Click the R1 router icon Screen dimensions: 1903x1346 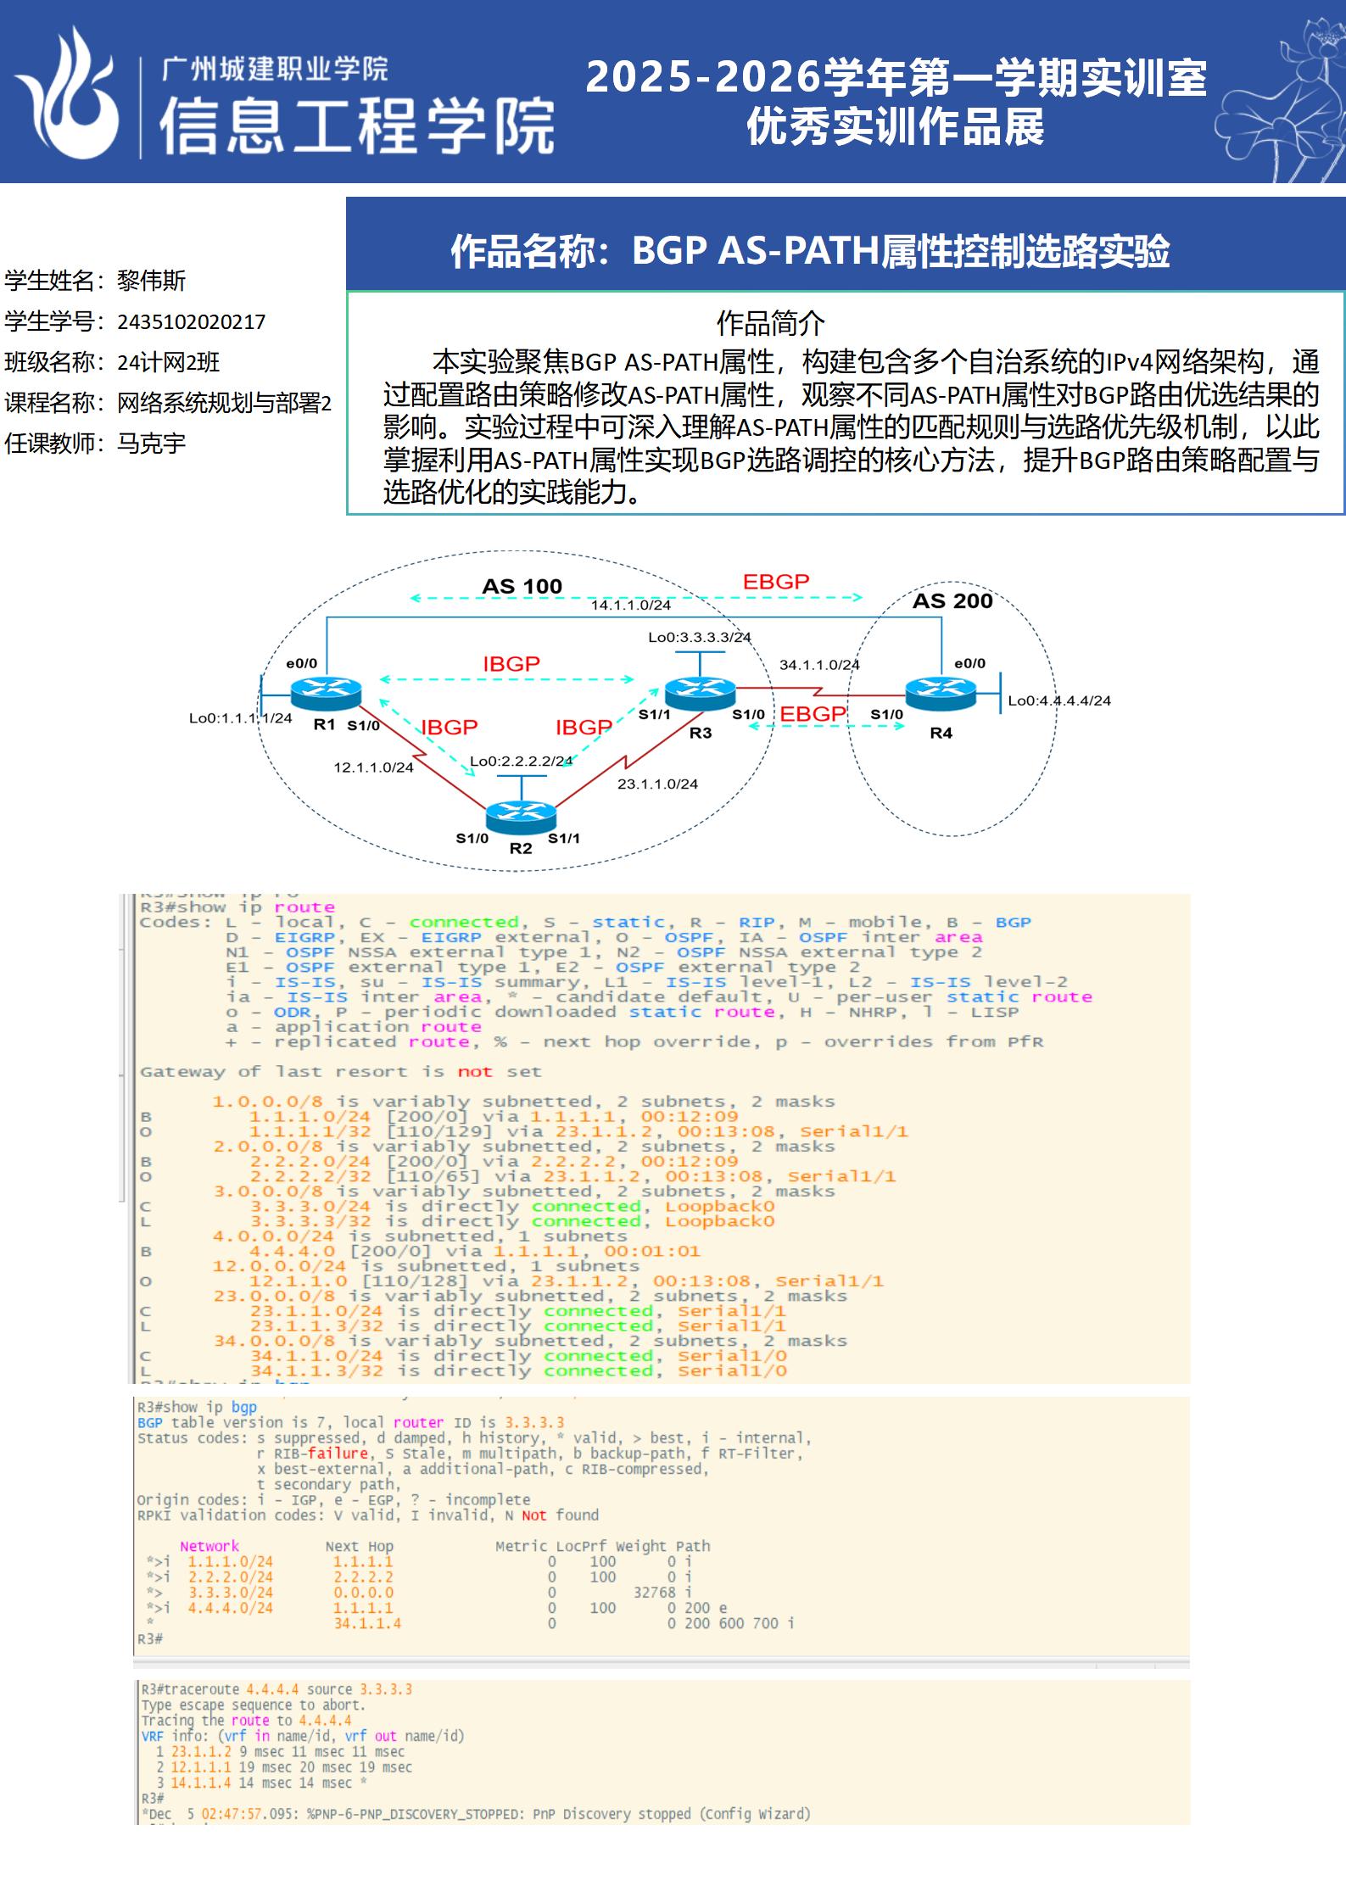tap(326, 695)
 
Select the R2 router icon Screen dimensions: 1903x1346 tap(521, 816)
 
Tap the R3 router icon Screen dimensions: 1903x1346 tap(700, 695)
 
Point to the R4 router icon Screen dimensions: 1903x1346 tap(941, 695)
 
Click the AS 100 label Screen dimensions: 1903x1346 tap(522, 587)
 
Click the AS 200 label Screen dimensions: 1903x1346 tap(952, 601)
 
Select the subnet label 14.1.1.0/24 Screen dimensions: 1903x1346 tap(630, 605)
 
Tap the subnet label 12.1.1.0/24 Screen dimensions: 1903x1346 tap(373, 767)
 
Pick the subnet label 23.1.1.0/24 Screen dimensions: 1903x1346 tap(657, 784)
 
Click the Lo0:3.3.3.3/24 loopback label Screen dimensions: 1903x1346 tap(699, 637)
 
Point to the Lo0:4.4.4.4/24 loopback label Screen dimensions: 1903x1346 tap(1058, 700)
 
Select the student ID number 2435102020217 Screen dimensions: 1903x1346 tap(191, 322)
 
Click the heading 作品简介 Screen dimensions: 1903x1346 tap(770, 323)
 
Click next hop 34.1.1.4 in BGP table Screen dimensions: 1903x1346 tap(367, 1623)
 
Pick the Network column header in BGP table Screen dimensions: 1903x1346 tap(209, 1546)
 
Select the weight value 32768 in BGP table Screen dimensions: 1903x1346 tap(655, 1593)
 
